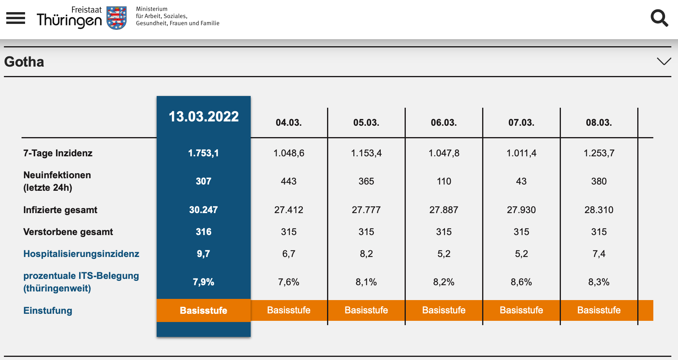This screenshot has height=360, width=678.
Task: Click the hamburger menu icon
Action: pos(16,18)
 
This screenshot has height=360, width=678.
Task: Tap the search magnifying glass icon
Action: pos(659,18)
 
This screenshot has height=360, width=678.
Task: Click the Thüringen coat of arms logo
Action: pos(117,18)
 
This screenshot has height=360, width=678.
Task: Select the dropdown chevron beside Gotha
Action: pos(664,62)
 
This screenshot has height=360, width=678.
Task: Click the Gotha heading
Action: pos(24,62)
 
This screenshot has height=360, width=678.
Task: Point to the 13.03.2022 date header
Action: pos(204,117)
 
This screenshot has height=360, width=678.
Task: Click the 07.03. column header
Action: pos(521,123)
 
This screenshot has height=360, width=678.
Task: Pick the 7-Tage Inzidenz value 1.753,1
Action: pos(204,153)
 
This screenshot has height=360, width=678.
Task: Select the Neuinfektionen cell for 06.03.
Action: pos(444,181)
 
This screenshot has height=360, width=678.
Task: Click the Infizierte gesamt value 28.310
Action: pos(599,210)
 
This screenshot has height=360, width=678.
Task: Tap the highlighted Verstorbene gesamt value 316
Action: pos(204,232)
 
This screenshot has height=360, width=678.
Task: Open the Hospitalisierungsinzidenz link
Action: pos(81,254)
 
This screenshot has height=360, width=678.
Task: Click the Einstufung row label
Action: pos(48,311)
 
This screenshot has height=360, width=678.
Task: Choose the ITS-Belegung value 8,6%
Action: pos(521,282)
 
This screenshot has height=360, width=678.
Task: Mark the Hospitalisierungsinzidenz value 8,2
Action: pos(366,254)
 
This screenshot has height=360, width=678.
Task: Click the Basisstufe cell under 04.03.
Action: pos(289,310)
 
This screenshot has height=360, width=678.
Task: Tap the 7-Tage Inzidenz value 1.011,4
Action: pos(521,153)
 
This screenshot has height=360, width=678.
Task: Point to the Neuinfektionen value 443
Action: pos(289,181)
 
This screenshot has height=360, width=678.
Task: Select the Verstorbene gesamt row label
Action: pos(68,232)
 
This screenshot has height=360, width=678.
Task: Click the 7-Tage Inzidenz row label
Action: pos(58,153)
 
